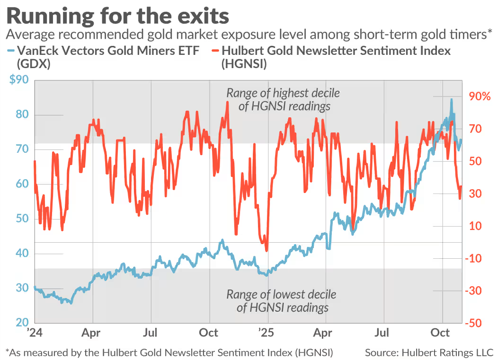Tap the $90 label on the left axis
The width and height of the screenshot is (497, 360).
click(18, 80)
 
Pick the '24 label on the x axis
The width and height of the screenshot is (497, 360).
click(35, 333)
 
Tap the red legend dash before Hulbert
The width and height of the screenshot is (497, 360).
click(213, 50)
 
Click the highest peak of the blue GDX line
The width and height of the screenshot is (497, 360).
click(451, 99)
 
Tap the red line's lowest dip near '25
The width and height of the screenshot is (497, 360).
click(267, 250)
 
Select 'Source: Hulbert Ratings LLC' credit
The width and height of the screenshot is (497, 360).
click(429, 352)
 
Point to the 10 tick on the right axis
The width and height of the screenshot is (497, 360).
click(475, 226)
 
